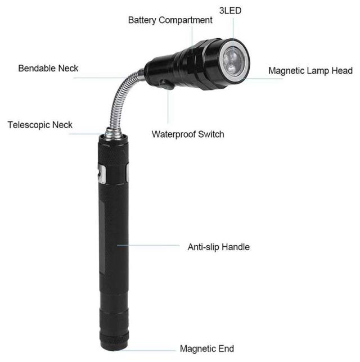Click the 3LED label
click(230, 11)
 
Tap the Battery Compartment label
click(170, 20)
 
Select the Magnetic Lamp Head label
click(310, 71)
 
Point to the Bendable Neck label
click(48, 69)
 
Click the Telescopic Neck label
click(40, 125)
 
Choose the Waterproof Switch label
click(188, 134)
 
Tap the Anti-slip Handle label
click(218, 247)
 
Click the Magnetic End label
click(207, 349)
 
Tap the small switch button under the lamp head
click(166, 84)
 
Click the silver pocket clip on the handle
click(101, 174)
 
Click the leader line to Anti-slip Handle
click(148, 245)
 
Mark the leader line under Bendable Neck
click(100, 78)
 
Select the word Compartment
click(186, 20)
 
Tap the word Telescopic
click(29, 125)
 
